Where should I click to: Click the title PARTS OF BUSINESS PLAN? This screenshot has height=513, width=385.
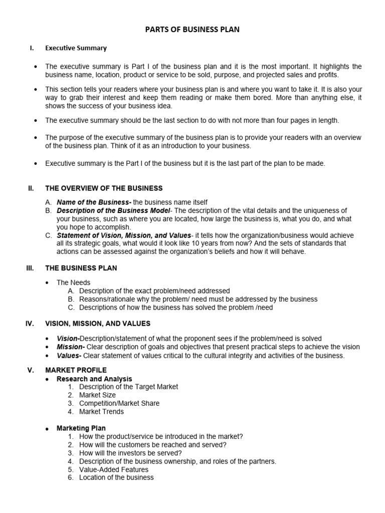(x=192, y=30)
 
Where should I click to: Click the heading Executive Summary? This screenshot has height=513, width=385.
(x=76, y=49)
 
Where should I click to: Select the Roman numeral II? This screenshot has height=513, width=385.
(x=31, y=188)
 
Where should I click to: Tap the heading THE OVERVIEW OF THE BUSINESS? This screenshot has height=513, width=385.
(x=104, y=188)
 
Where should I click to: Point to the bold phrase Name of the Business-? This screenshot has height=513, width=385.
(x=94, y=202)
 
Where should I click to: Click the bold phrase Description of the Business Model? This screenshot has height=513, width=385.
(x=113, y=210)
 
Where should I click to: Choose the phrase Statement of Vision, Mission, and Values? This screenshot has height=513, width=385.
(x=124, y=235)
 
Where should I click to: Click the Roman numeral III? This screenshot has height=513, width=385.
(x=30, y=268)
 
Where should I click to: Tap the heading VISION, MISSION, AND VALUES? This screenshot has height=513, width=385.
(x=98, y=324)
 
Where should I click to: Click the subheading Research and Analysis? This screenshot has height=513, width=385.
(x=94, y=379)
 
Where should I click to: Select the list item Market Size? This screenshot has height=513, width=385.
(x=97, y=395)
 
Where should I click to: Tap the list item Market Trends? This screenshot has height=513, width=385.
(x=101, y=412)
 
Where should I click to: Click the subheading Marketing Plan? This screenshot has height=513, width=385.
(x=81, y=428)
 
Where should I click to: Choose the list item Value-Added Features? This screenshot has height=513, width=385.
(x=114, y=469)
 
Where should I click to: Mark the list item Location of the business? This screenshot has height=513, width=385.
(x=116, y=477)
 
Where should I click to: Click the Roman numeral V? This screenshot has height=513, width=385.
(x=30, y=370)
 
